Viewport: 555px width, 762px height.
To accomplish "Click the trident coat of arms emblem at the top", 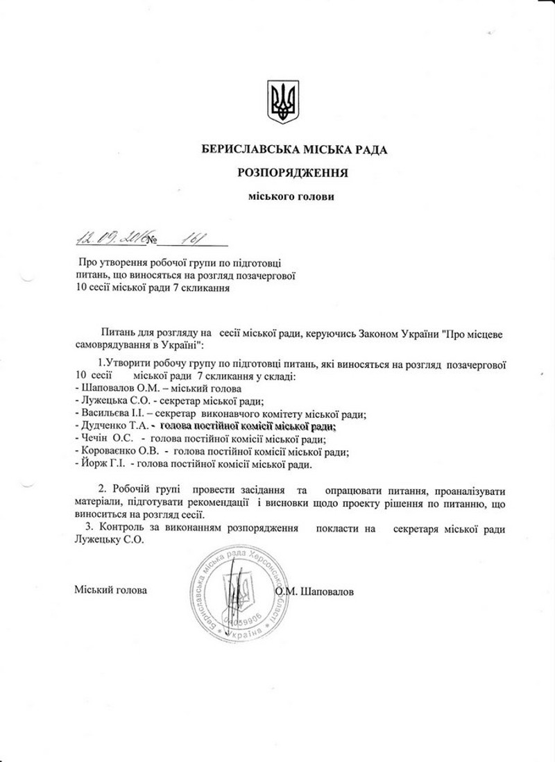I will tap(282, 101).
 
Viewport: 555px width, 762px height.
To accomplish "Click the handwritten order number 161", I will tap(188, 238).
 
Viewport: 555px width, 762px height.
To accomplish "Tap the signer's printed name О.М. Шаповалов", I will tap(314, 592).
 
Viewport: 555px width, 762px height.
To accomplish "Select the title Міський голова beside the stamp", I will tap(110, 591).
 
